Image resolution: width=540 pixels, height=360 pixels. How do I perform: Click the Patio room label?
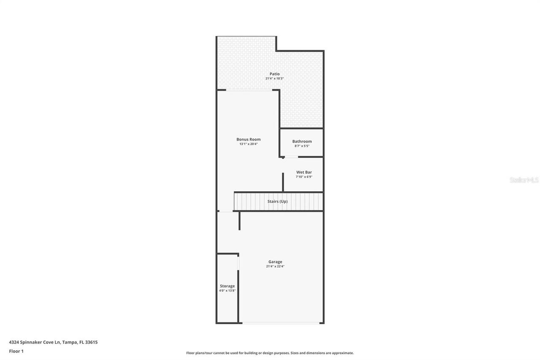click(275, 74)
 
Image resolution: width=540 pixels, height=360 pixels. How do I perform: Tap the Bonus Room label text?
click(248, 139)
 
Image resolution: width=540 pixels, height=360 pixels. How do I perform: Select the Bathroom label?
click(302, 141)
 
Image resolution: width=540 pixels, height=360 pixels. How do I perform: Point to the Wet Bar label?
click(304, 172)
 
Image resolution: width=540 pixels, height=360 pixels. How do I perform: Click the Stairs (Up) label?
click(278, 201)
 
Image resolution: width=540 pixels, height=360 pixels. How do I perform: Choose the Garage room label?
click(275, 262)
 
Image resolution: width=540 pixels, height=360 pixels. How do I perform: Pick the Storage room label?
click(227, 286)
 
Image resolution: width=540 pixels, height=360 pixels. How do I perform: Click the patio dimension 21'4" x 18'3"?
click(275, 78)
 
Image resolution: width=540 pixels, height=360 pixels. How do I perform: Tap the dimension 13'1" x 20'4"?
click(248, 144)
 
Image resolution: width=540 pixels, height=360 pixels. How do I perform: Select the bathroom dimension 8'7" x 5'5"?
click(302, 146)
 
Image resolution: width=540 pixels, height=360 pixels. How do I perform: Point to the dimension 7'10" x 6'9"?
click(304, 177)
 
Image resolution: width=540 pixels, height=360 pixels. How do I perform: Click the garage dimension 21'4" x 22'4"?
click(275, 266)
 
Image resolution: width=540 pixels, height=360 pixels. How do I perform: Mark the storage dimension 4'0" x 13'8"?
click(227, 290)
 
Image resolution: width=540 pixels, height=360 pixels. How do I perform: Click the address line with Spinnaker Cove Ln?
click(53, 342)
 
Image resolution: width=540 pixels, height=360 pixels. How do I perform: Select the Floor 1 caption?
click(16, 351)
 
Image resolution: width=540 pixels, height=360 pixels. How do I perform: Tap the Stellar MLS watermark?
click(524, 180)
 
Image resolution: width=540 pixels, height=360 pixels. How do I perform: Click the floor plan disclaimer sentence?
click(270, 353)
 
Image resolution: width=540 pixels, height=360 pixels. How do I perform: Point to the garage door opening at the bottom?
click(281, 323)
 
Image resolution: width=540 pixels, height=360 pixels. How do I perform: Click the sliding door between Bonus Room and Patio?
click(249, 90)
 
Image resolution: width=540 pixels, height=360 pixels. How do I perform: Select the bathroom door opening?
click(291, 157)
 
